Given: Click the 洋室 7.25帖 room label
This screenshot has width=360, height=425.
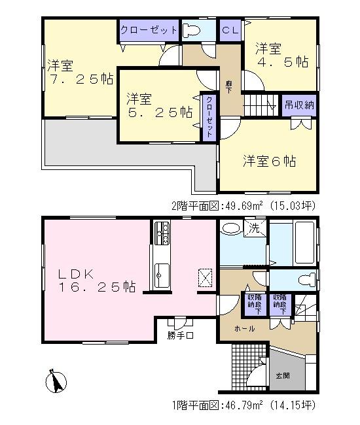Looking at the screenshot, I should (x=79, y=73).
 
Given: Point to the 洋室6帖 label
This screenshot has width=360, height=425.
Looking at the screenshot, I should (x=270, y=160).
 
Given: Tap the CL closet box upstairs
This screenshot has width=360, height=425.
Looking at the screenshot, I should (x=230, y=30).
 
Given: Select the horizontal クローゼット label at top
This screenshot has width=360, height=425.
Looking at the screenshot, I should (x=149, y=30).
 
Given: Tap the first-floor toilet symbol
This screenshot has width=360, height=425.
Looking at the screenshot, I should (x=305, y=280).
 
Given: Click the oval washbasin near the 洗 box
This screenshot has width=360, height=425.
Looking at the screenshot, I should (x=230, y=229).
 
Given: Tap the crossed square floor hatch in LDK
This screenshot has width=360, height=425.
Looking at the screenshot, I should (x=205, y=277).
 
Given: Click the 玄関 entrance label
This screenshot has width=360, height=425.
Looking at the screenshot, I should (x=283, y=376).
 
